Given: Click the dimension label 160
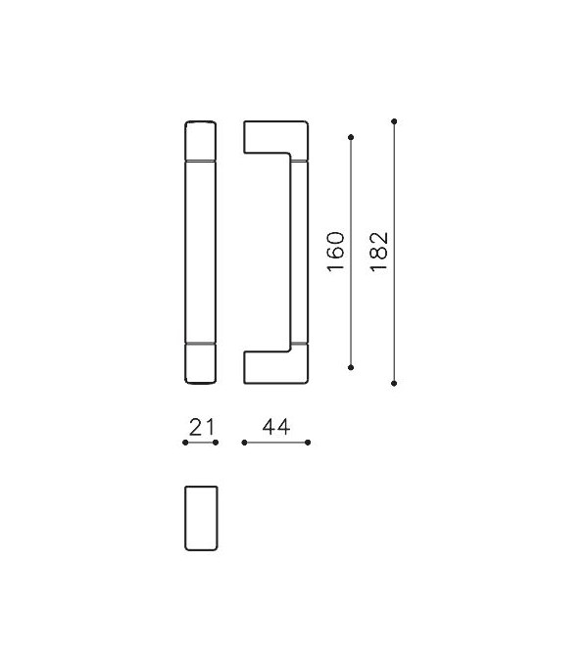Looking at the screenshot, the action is click(x=335, y=252).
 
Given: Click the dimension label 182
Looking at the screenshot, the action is click(x=379, y=252).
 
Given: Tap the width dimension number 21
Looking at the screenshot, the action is click(x=202, y=428).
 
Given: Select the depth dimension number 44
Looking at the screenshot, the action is click(x=276, y=428).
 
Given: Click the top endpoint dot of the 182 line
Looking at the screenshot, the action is click(x=394, y=121).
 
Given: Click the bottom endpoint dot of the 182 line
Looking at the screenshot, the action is click(x=394, y=383).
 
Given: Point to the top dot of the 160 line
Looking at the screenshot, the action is click(x=351, y=137).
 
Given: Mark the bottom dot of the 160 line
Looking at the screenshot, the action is click(x=351, y=367).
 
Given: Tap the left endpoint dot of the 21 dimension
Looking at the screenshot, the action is click(x=185, y=443).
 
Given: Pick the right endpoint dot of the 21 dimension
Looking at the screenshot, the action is click(x=216, y=443).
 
